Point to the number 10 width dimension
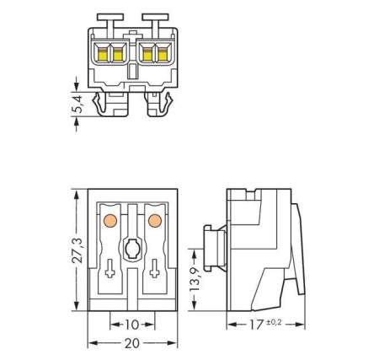pos(131,323)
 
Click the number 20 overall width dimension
pos(131,343)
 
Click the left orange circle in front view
pos(109,221)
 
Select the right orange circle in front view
pos(153,221)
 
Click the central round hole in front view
pos(131,250)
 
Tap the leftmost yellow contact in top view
pos(104,54)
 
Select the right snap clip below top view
pos(157,105)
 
